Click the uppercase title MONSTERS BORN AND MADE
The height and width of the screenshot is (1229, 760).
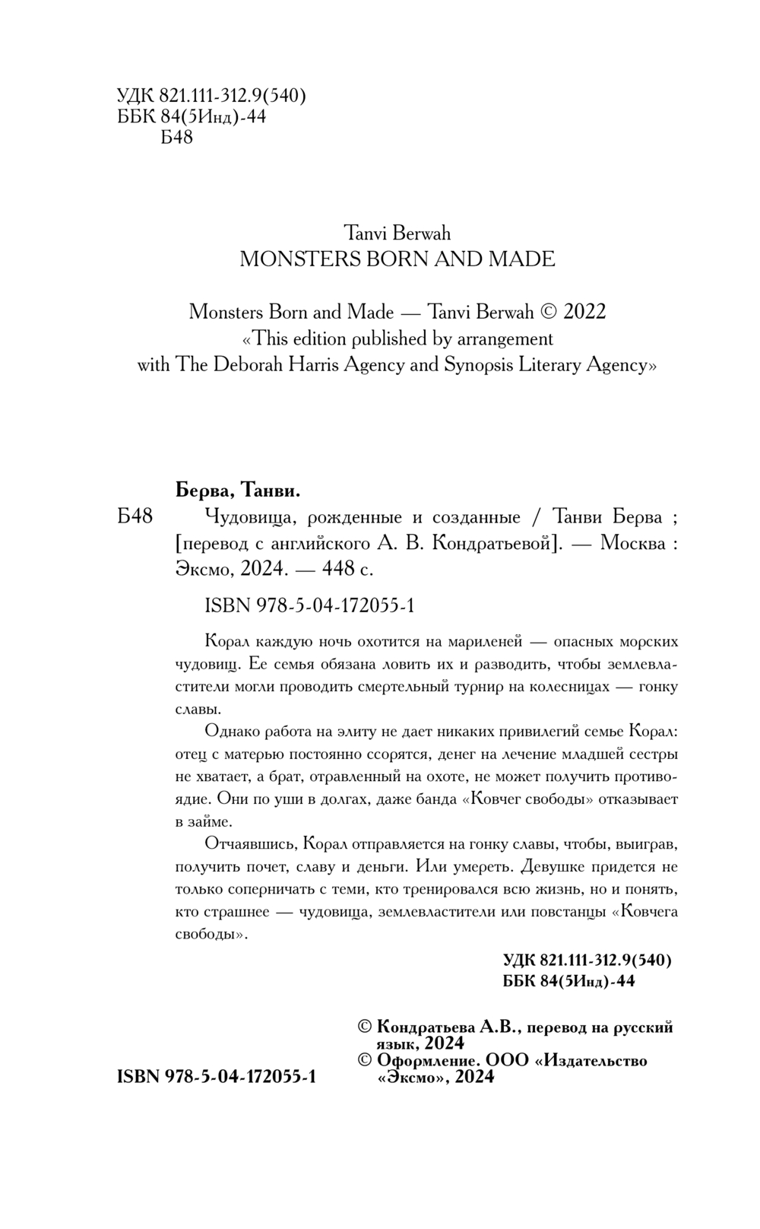(x=397, y=259)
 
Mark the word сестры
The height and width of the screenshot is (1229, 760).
(x=652, y=754)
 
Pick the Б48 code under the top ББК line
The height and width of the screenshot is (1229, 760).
(x=177, y=138)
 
